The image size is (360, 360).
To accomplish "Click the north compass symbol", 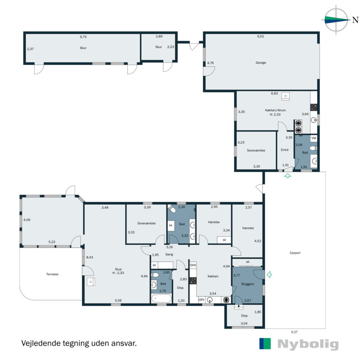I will tap(337, 19).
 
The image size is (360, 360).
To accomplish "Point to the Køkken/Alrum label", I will tap(275, 110).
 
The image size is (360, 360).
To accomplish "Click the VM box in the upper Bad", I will tap(314, 138).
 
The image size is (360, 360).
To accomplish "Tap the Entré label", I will tap(284, 150).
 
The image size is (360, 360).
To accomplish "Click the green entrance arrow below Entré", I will tap(287, 176).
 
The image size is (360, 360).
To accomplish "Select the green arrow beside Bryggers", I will tap(269, 274).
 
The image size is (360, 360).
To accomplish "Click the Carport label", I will tap(295, 253).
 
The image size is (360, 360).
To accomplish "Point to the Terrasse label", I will tap(52, 274).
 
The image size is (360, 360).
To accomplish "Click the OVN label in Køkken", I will tap(193, 265).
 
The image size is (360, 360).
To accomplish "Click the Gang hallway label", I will tap(169, 254).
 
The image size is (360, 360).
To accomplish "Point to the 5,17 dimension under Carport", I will tap(294, 332).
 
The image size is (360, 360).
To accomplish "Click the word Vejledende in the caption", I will tap(40, 343).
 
